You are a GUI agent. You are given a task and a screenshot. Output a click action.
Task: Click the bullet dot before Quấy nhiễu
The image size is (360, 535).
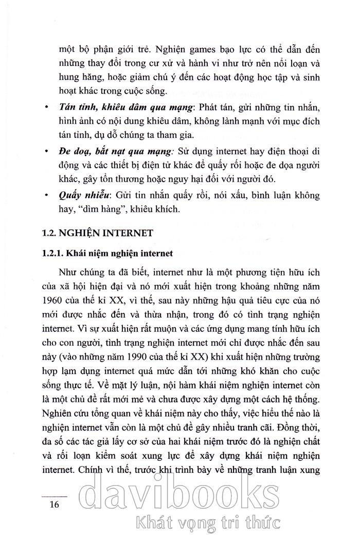click(x=47, y=195)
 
